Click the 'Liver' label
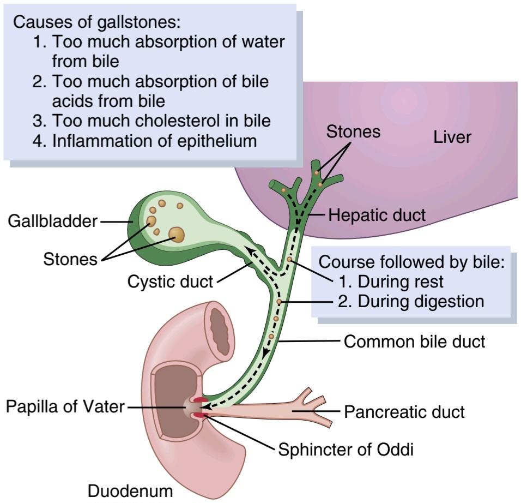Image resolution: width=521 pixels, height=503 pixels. [452, 137]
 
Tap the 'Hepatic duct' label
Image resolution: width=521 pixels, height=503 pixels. [377, 215]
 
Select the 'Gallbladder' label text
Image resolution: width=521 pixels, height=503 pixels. [53, 221]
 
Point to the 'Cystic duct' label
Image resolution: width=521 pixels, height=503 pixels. [170, 282]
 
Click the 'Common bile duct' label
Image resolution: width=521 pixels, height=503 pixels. [414, 342]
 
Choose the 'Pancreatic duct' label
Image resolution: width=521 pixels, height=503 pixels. [404, 412]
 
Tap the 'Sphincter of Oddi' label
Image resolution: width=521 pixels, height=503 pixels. [346, 450]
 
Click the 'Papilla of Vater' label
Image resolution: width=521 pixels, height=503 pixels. [65, 406]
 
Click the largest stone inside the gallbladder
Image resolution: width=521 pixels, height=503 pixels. [176, 234]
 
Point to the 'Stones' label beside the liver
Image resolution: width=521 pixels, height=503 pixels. [353, 131]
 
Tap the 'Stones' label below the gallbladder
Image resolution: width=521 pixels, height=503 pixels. [70, 259]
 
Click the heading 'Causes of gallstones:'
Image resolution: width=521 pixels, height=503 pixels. [96, 22]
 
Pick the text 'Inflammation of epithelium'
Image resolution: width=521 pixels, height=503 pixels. [155, 141]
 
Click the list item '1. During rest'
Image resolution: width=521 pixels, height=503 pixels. [391, 282]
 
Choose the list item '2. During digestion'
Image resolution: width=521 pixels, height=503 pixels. [411, 301]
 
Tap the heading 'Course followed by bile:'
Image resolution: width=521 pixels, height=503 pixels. [411, 262]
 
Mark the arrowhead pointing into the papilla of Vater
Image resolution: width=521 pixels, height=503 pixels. [207, 406]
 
